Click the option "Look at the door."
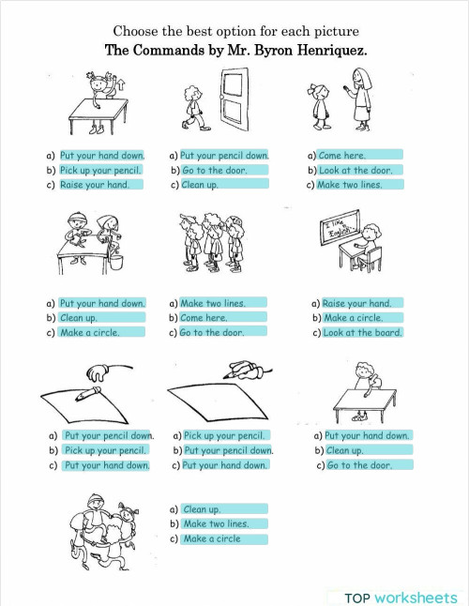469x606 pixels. (x=356, y=171)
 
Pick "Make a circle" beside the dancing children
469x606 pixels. (x=212, y=539)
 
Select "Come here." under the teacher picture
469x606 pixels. (x=342, y=156)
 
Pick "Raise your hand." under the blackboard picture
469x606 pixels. (x=356, y=304)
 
